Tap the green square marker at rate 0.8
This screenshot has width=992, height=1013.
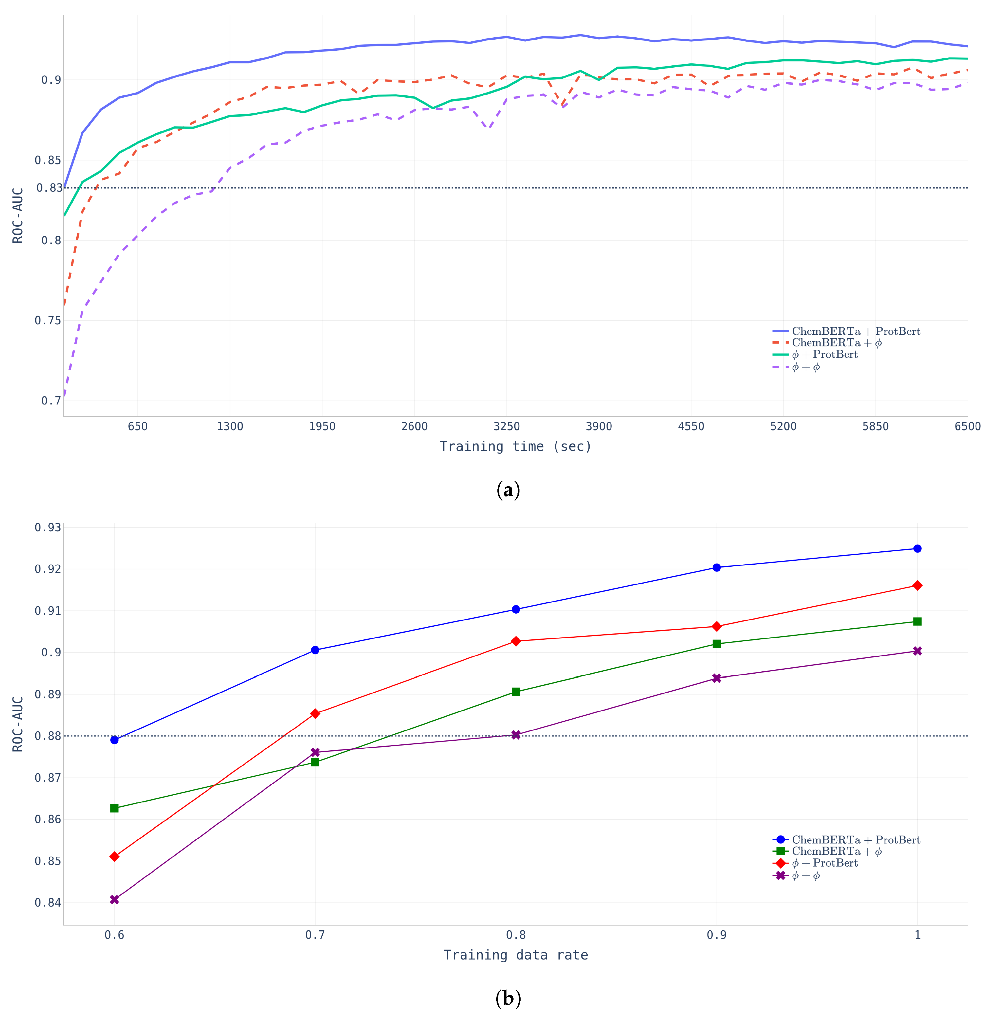click(516, 692)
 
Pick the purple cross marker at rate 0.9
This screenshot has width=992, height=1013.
click(716, 678)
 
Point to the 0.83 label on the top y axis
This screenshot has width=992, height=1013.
click(49, 188)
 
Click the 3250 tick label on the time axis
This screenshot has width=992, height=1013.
click(506, 427)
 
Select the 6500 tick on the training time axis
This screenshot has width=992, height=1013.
click(967, 427)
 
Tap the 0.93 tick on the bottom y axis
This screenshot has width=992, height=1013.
click(48, 528)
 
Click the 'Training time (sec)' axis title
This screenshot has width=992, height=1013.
click(515, 446)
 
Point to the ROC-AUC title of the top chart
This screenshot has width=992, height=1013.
click(18, 215)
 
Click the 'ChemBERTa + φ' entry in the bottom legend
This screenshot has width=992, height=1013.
click(836, 851)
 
